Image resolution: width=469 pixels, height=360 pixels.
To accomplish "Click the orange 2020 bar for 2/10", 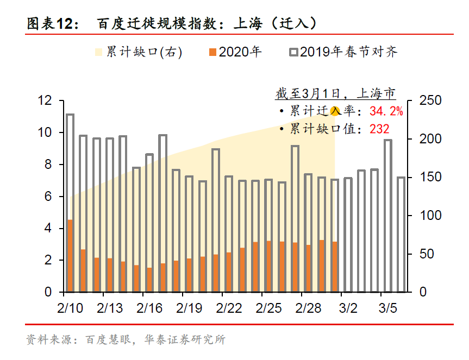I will coord(70,256).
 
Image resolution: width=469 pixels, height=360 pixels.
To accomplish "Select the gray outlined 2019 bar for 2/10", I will coord(70,163).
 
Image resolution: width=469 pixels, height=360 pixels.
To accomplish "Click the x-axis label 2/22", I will coord(229,308).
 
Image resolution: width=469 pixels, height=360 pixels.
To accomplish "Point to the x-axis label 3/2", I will coord(348,308).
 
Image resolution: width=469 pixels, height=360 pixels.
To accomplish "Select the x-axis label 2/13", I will coord(110,308).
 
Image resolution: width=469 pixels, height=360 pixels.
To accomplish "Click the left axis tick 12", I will coord(45,100).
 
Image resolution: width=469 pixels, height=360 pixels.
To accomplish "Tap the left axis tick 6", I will coord(48,197).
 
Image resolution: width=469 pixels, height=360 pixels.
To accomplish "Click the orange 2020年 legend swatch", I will coord(212,52).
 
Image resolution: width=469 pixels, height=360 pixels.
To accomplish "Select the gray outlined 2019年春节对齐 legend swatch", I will coord(293,52).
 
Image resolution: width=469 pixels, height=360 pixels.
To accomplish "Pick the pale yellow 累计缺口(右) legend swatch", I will coord(98,52).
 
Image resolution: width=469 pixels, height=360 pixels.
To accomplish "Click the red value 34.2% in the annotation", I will coord(386,111).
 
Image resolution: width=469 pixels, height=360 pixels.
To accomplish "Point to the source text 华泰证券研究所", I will coord(184,340).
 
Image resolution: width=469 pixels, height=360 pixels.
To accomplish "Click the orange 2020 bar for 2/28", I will coord(308,268).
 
